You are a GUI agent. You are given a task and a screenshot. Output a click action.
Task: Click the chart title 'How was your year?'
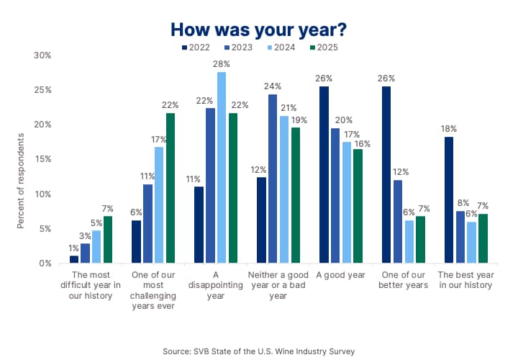pyautogui.click(x=259, y=30)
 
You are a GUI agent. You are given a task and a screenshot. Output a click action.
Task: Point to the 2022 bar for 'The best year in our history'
pyautogui.click(x=449, y=200)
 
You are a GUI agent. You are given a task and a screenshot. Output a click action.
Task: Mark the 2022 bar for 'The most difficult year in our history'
pyautogui.click(x=74, y=259)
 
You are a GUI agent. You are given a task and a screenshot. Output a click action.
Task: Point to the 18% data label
pyautogui.click(x=449, y=129)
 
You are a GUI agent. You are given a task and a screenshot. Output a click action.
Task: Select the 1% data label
pyautogui.click(x=74, y=248)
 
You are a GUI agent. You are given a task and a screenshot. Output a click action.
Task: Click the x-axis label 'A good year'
pyautogui.click(x=340, y=275)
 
